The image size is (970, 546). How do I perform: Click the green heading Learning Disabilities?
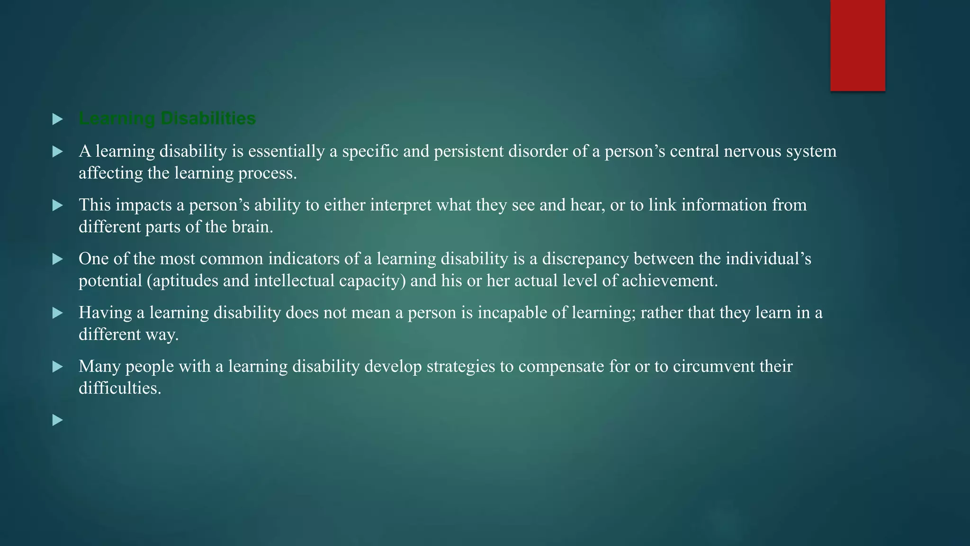point(167,118)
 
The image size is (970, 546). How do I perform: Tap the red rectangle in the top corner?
point(857,45)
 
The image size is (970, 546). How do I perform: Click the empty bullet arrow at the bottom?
point(57,420)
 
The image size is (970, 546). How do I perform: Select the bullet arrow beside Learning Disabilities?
point(57,119)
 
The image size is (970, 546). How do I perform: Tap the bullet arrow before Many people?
point(57,366)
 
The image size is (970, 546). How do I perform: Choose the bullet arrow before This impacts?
point(57,205)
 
